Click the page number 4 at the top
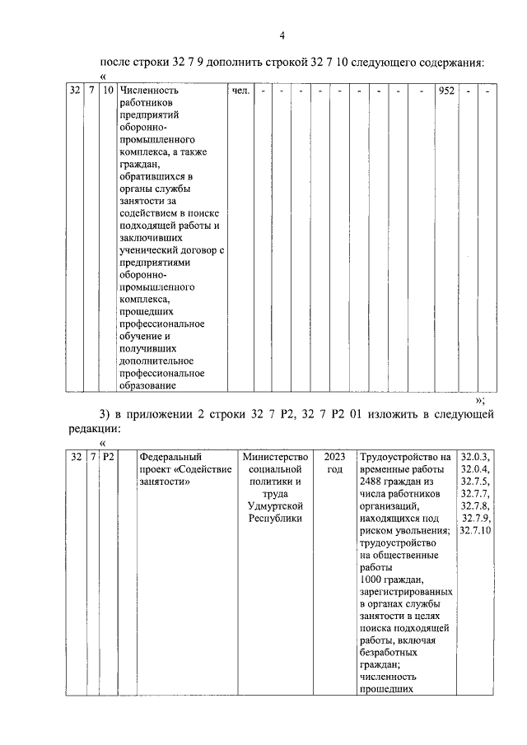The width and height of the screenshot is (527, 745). click(282, 35)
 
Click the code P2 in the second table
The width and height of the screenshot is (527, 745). click(108, 457)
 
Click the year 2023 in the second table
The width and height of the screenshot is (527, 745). click(335, 457)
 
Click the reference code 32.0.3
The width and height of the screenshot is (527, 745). click(475, 457)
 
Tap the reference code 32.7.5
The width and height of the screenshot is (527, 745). click(475, 482)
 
